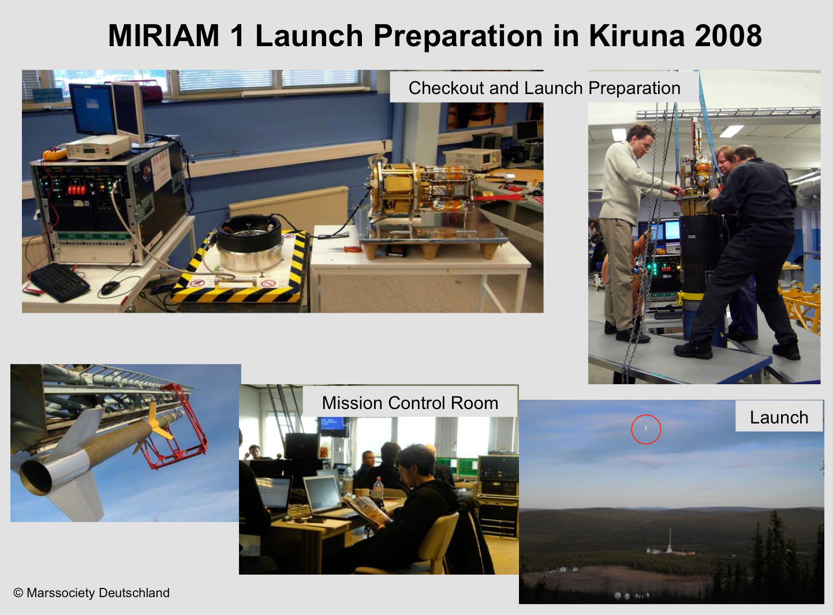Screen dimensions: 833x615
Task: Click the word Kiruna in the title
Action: [x=637, y=36]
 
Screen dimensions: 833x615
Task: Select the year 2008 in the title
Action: [x=728, y=36]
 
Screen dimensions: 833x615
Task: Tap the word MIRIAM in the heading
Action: [x=163, y=36]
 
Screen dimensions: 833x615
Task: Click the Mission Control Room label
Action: [x=410, y=403]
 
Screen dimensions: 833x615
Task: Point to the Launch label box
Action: [x=779, y=416]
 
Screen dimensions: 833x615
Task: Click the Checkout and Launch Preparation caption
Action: [x=544, y=88]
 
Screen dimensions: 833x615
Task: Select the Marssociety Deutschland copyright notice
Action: [x=91, y=593]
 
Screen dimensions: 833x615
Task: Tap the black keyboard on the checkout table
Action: [x=59, y=282]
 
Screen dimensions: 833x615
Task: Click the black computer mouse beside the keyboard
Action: [x=110, y=288]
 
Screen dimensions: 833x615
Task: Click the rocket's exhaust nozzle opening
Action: [x=36, y=478]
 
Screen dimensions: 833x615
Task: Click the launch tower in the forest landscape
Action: [x=669, y=541]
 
